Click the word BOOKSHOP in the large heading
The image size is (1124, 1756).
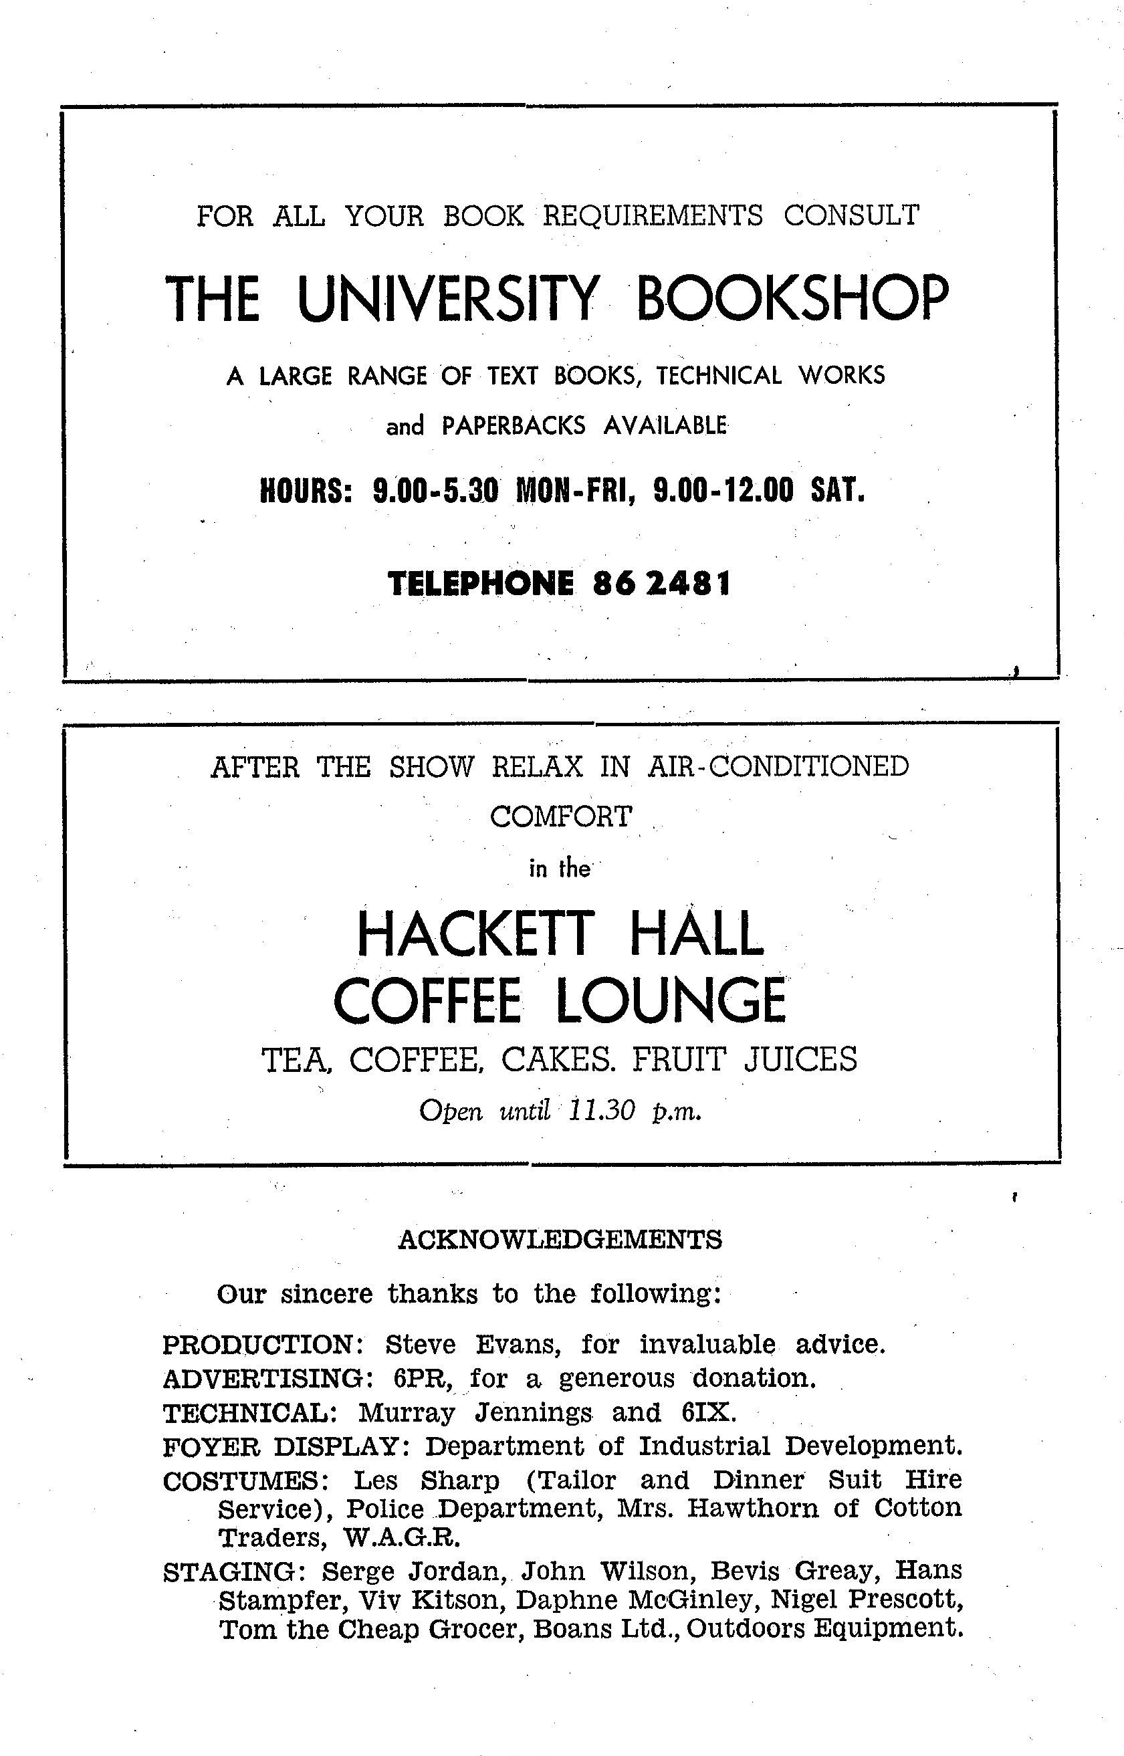pos(794,298)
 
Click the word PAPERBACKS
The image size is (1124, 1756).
pos(513,425)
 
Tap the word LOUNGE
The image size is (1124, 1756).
pos(671,1000)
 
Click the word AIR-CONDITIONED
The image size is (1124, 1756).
pos(778,766)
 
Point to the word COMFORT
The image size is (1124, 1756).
pos(560,816)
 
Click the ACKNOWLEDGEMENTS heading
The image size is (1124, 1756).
pos(560,1239)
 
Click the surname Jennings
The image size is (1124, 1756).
pos(533,1413)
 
